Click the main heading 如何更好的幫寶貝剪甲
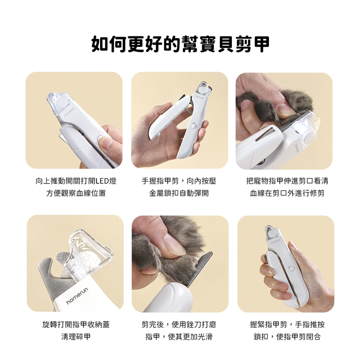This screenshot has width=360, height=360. (x=180, y=44)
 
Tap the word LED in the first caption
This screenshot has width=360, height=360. (x=102, y=181)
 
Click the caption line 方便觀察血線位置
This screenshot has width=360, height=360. (x=76, y=193)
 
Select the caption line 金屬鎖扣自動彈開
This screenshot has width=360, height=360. (x=179, y=193)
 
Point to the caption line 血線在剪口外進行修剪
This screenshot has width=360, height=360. (x=287, y=193)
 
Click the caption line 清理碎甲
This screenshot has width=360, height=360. (x=76, y=337)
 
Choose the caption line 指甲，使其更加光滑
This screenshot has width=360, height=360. (x=179, y=337)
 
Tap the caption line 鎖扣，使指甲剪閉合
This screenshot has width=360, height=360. (x=287, y=337)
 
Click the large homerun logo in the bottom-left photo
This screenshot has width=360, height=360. (x=77, y=296)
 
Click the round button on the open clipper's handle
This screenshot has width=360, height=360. (x=194, y=125)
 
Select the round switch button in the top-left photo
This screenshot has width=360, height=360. (x=100, y=139)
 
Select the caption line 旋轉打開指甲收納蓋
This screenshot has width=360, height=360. (x=76, y=324)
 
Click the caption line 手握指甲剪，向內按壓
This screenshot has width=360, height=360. (x=179, y=181)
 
